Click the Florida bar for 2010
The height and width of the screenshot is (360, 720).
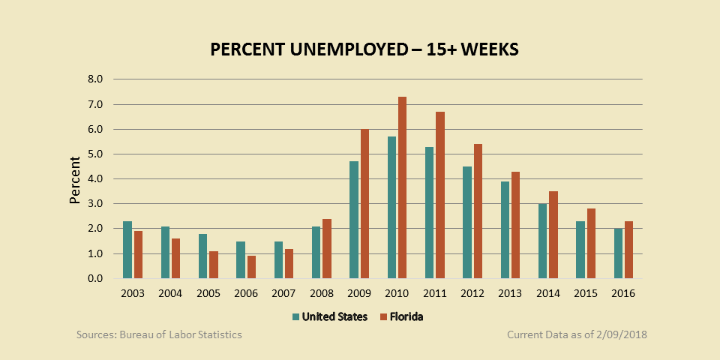click(402, 187)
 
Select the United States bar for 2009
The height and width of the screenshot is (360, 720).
click(354, 220)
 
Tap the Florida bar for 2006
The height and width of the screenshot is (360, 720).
click(251, 267)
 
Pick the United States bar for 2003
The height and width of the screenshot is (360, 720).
click(127, 250)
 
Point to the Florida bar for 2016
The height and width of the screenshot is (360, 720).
click(629, 250)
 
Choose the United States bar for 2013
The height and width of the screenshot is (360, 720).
click(505, 229)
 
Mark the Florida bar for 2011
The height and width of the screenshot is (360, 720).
click(440, 195)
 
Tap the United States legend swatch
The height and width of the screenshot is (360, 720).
click(295, 317)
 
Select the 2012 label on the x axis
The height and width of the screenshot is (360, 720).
click(472, 293)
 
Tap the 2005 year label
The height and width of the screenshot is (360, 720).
click(208, 293)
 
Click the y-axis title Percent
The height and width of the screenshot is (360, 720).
click(75, 180)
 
